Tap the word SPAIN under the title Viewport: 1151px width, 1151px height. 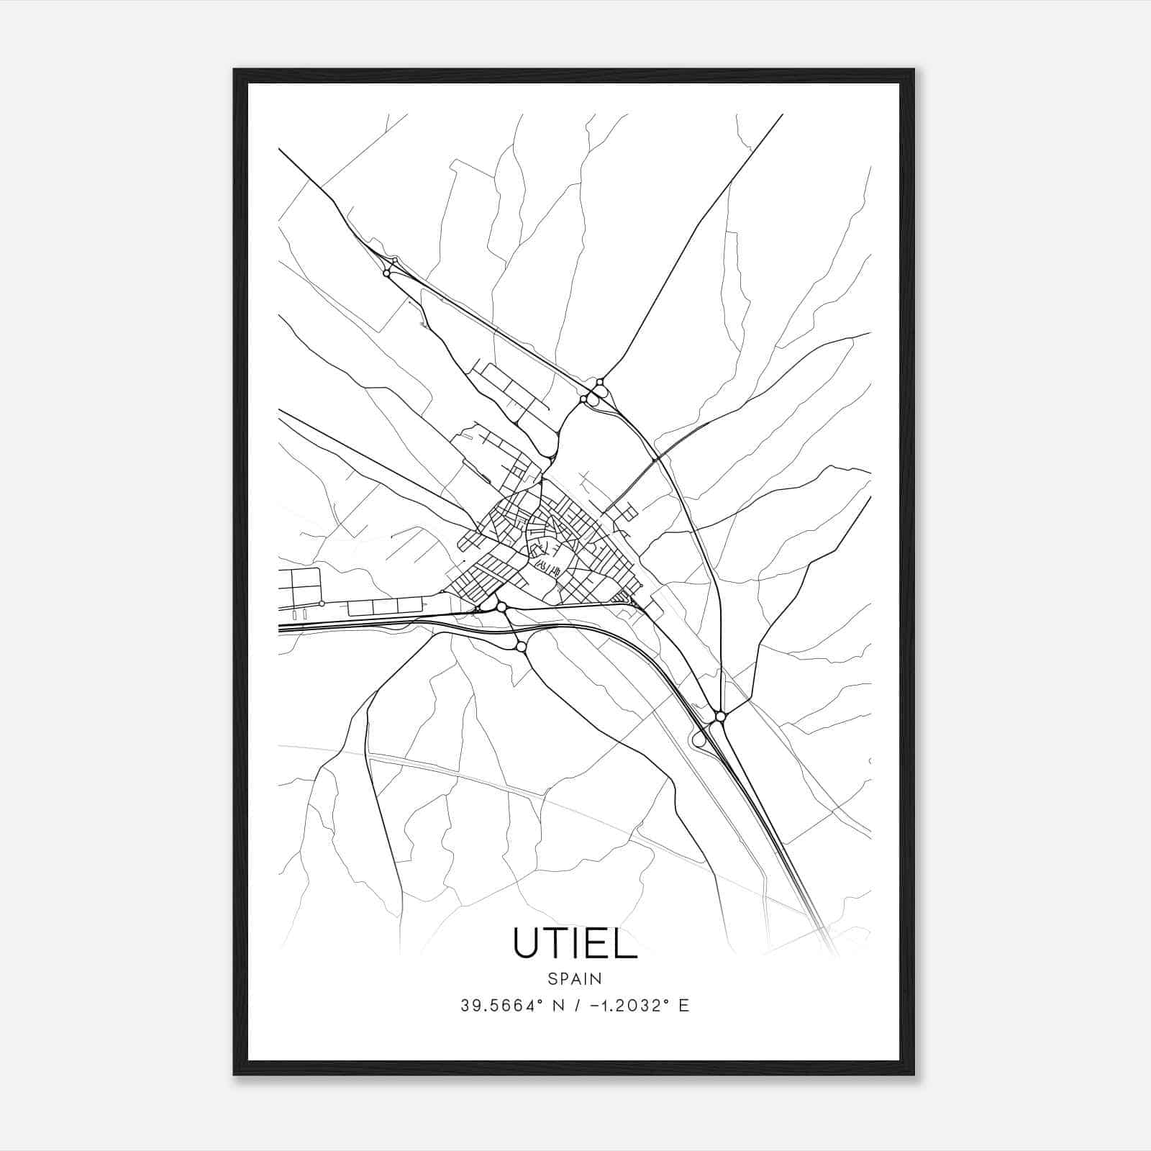(x=575, y=979)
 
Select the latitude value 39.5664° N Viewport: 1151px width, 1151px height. (x=510, y=1006)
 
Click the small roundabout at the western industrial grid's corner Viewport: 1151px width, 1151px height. (x=322, y=604)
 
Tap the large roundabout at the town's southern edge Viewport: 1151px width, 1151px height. (x=501, y=608)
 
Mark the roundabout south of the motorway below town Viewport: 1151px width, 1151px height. (x=521, y=647)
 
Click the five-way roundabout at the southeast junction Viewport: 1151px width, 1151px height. (x=720, y=716)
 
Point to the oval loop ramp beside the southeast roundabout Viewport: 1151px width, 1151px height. (x=698, y=737)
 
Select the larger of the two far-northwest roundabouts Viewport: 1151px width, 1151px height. (x=388, y=273)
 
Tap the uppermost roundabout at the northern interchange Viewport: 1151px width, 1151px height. (x=599, y=382)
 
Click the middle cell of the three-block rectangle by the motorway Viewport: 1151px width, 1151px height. (x=385, y=606)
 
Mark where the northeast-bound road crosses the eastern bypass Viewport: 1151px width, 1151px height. (x=655, y=459)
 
